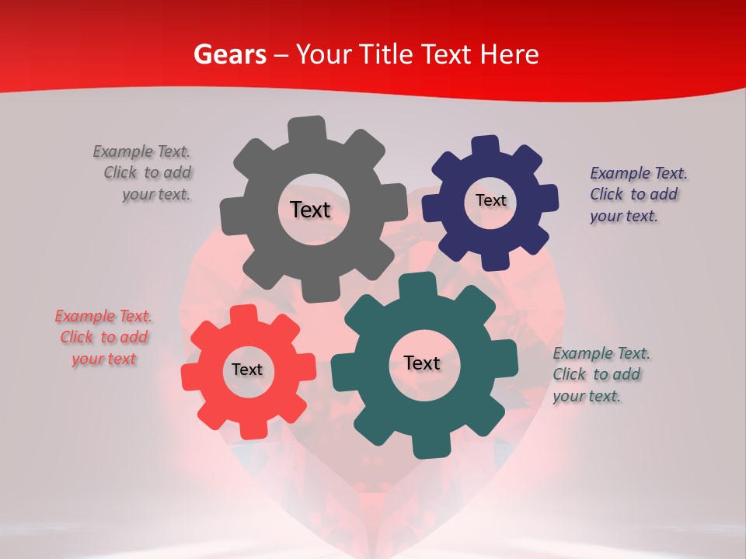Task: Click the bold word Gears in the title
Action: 229,54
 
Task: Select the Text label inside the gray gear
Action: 310,210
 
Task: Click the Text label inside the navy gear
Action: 490,200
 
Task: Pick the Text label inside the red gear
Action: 247,370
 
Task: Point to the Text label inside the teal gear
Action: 422,363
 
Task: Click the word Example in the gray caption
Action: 123,151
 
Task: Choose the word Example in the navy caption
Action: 620,173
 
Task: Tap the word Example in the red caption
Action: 85,316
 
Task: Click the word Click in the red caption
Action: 77,337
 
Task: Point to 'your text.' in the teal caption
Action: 587,396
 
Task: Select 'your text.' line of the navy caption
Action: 623,216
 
